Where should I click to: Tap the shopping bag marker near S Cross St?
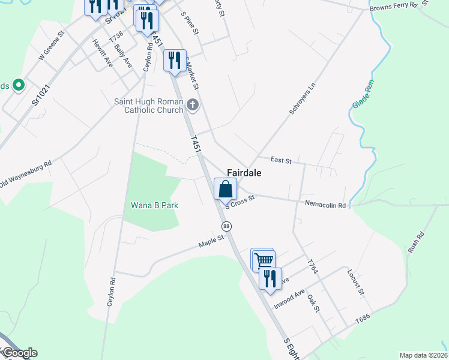coord(225,189)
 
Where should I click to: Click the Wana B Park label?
coord(155,205)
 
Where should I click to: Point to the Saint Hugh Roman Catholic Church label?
coord(149,106)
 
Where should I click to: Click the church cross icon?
coord(193,106)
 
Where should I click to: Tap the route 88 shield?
coord(226,226)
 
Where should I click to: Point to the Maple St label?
coord(211,241)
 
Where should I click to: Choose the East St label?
coord(280,160)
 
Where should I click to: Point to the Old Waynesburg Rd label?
coord(25,173)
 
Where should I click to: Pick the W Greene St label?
coord(50,46)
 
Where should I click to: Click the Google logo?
coord(19,353)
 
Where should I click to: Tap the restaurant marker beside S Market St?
coord(175,61)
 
